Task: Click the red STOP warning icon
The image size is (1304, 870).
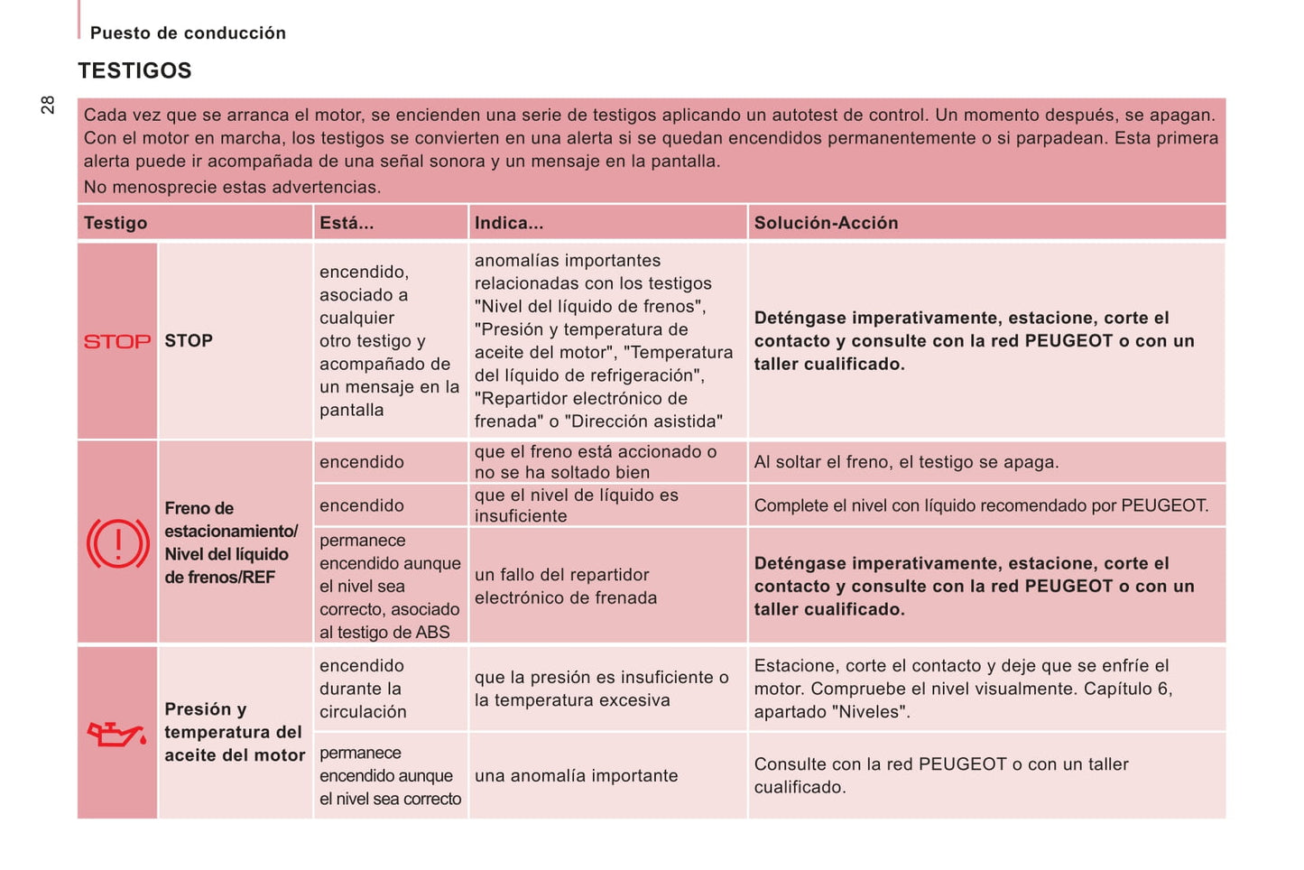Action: click(117, 341)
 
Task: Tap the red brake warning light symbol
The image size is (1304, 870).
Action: click(117, 543)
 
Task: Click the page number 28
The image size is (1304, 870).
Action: click(48, 105)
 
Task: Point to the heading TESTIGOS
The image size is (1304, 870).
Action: click(134, 70)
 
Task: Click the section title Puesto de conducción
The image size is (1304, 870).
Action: click(188, 33)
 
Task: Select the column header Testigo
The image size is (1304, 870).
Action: click(116, 223)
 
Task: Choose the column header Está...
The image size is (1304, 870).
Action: click(346, 223)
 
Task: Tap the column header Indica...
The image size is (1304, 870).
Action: click(509, 223)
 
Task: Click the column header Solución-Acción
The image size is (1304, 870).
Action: click(826, 223)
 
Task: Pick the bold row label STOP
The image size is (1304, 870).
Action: click(189, 341)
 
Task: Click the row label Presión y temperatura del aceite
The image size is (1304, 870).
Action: click(235, 732)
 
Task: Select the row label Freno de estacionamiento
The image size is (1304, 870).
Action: click(230, 542)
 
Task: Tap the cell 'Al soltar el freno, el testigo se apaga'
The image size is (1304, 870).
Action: click(906, 462)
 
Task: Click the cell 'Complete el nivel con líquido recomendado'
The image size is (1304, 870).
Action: click(981, 505)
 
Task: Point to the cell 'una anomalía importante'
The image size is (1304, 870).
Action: click(576, 775)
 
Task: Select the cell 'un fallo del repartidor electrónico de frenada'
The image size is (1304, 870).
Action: click(566, 586)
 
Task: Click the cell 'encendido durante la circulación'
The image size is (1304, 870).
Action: click(363, 689)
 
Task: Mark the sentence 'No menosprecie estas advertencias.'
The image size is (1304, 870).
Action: click(232, 187)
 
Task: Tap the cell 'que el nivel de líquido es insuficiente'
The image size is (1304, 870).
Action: click(576, 505)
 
